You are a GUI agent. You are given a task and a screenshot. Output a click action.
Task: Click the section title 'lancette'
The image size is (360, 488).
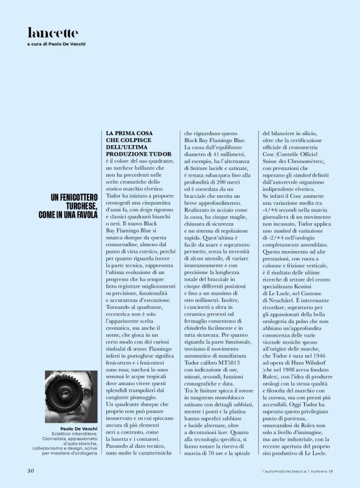53,32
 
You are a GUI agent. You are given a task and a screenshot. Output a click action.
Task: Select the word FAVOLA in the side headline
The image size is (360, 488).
83,215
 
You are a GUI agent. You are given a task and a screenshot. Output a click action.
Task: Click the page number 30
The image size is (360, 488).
30,471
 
